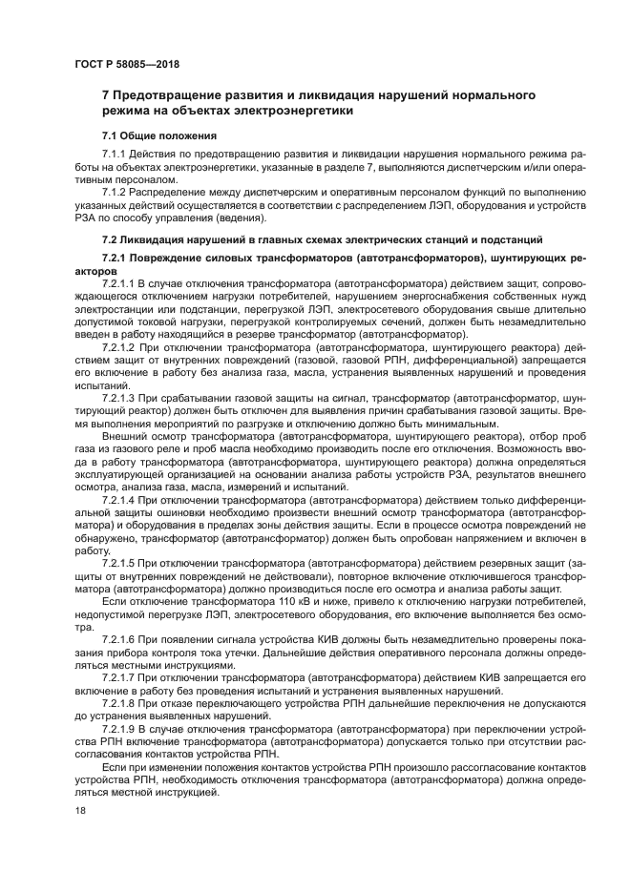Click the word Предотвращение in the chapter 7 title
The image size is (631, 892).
coord(179,94)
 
